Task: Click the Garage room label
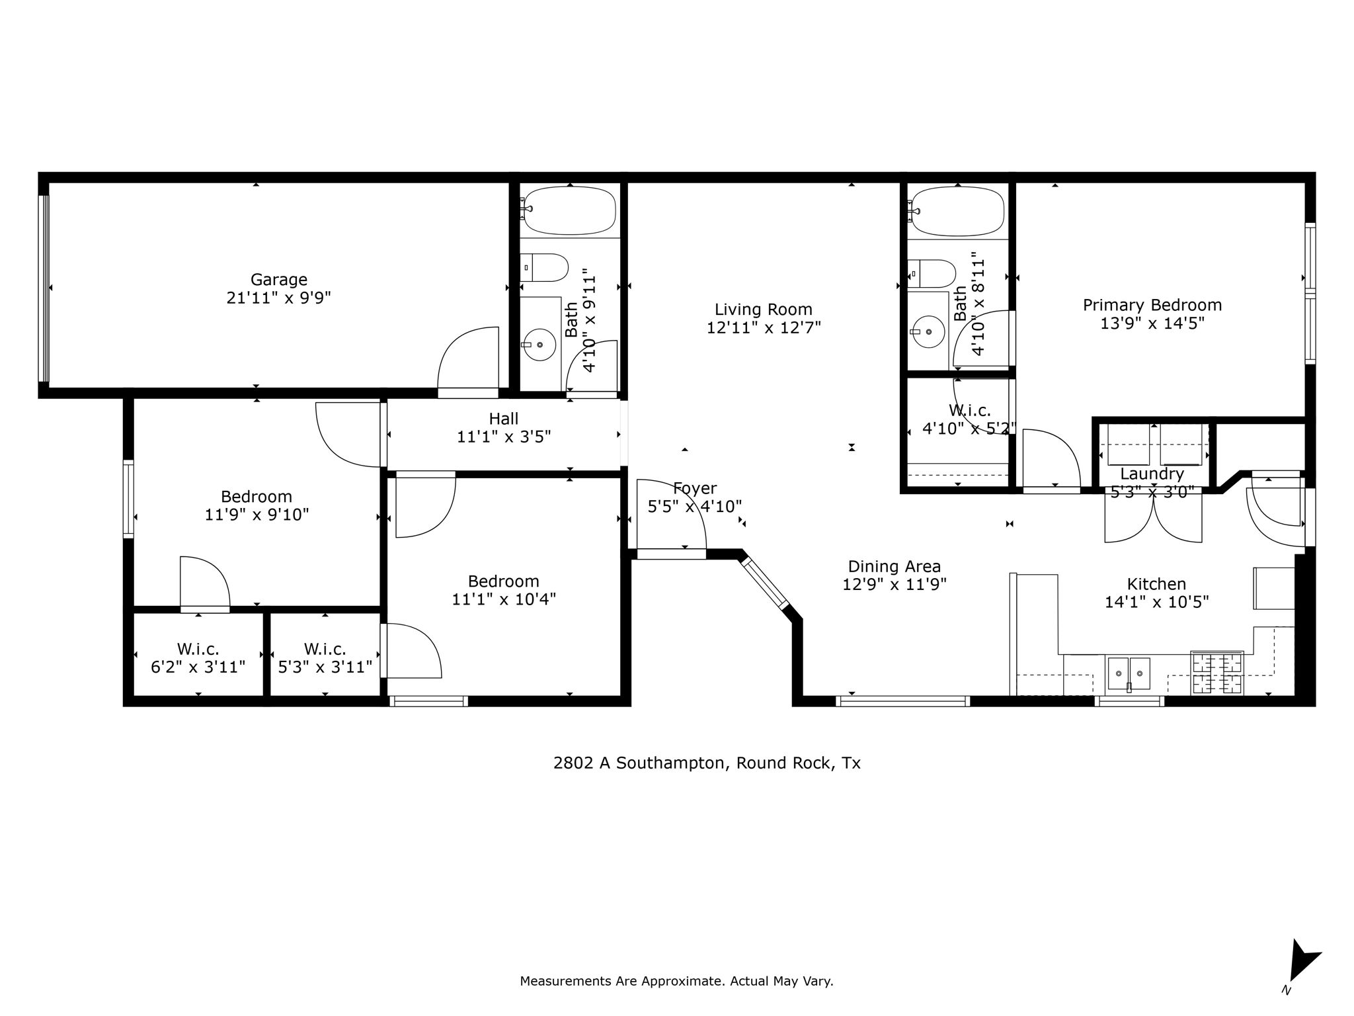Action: [278, 280]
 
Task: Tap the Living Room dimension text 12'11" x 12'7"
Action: [764, 327]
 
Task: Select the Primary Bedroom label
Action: [1152, 305]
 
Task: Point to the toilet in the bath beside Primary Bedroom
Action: [933, 273]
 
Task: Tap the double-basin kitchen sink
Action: [1129, 673]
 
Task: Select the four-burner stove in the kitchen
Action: [1216, 673]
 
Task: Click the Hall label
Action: [503, 419]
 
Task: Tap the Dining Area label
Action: [894, 566]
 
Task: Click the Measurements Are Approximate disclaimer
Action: [676, 981]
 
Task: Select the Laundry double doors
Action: [1153, 519]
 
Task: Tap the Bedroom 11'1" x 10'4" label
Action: [503, 581]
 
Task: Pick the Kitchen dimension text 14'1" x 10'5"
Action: [1156, 602]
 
